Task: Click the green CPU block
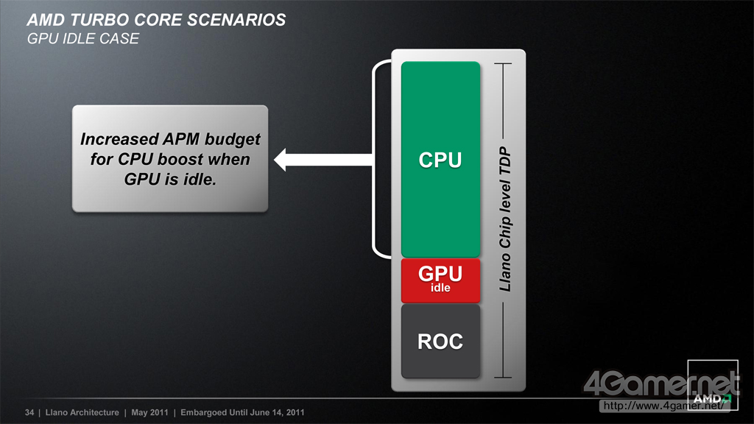point(440,159)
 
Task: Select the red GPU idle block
point(440,280)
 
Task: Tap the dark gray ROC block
point(440,341)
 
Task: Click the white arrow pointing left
point(323,160)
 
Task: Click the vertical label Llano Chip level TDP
point(504,219)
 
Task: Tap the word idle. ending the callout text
point(200,180)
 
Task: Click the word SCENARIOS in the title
point(236,20)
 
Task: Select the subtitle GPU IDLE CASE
point(83,38)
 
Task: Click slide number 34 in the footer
point(29,412)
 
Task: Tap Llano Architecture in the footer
point(82,412)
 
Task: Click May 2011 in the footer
point(149,412)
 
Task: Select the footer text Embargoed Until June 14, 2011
point(242,412)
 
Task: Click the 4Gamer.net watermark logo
point(661,384)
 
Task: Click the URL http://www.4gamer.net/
point(663,406)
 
